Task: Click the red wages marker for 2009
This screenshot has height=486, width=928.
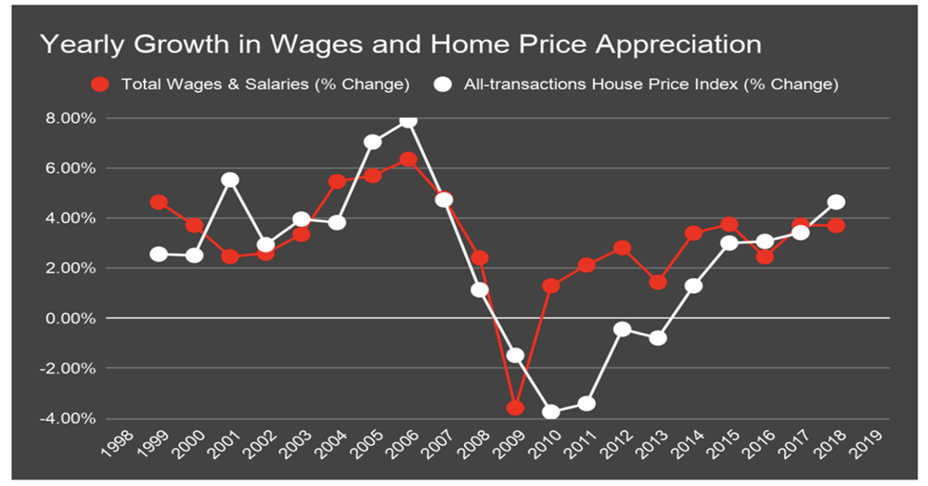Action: point(515,408)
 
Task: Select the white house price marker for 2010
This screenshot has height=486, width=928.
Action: point(551,412)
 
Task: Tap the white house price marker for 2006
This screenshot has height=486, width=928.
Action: point(407,120)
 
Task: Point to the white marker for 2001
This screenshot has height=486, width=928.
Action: point(230,179)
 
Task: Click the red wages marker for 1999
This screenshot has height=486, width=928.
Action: point(159,202)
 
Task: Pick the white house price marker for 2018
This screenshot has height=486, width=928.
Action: point(836,202)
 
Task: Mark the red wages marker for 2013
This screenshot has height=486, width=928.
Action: point(658,282)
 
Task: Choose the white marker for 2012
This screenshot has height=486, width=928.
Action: point(623,329)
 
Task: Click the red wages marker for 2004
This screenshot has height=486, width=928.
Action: point(337,181)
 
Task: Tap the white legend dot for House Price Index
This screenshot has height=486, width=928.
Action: point(444,85)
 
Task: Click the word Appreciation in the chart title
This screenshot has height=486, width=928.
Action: point(664,45)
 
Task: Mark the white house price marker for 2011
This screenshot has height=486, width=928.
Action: point(586,403)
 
